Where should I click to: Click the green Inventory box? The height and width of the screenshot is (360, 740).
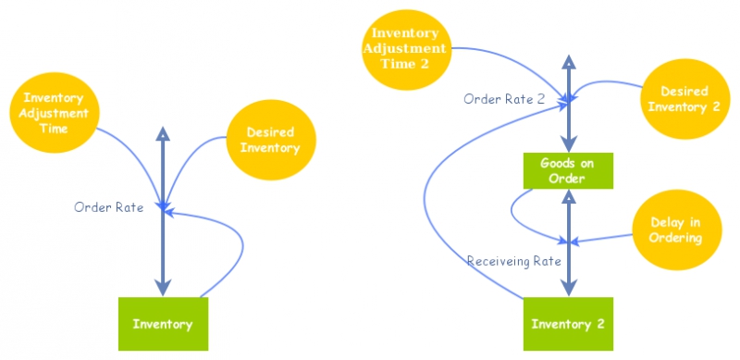(163, 324)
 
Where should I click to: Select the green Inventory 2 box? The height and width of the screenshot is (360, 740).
(568, 324)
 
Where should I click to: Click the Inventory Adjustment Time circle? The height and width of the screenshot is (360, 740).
(55, 112)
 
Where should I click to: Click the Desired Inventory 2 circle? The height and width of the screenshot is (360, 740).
(684, 99)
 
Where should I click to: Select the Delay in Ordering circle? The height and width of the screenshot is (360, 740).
(675, 230)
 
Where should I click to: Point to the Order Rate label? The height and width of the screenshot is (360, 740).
(108, 207)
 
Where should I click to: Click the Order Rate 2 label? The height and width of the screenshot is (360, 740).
(504, 99)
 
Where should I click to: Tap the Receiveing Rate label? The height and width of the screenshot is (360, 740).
(514, 261)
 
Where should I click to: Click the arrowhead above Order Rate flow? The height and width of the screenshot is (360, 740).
(163, 133)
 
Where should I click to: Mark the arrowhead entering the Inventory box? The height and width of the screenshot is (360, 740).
(163, 288)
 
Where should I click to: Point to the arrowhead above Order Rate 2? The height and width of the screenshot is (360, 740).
(568, 61)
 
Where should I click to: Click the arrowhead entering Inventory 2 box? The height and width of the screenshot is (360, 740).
(568, 288)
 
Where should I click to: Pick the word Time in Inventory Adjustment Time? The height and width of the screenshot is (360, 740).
(55, 128)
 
